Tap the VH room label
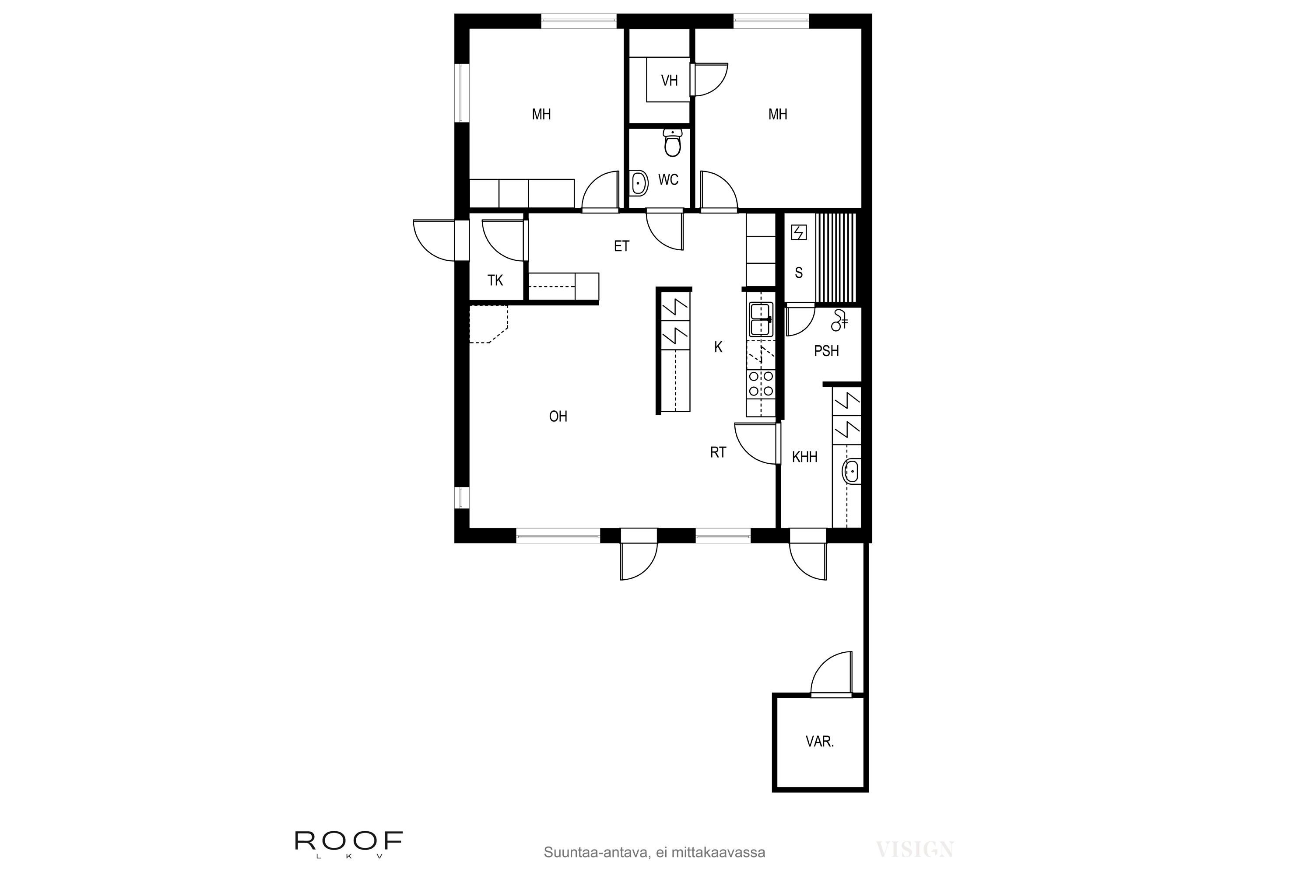(x=669, y=81)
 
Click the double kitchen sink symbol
(x=760, y=320)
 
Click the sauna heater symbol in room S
(x=799, y=233)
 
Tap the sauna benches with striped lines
(x=835, y=257)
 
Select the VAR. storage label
(x=819, y=742)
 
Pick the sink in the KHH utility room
(x=851, y=472)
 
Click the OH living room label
(x=558, y=416)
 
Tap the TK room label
(x=495, y=280)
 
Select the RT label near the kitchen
(x=718, y=452)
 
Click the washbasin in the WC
(x=638, y=183)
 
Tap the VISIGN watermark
(x=914, y=849)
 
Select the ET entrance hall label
(x=621, y=246)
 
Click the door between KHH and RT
(x=756, y=444)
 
